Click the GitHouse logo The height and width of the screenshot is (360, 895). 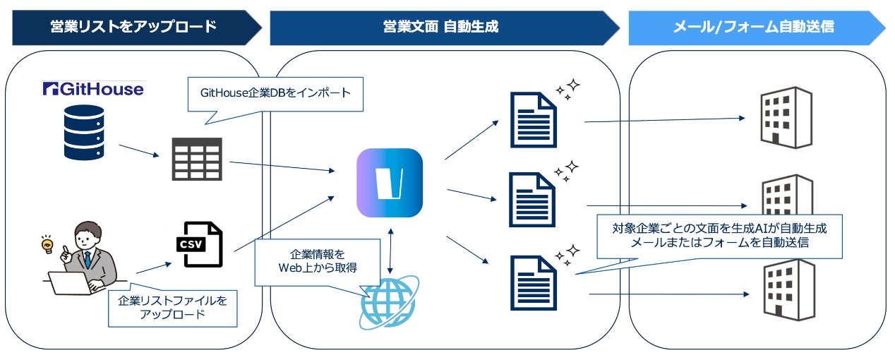[93, 89]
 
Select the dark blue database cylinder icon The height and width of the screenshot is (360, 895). [84, 132]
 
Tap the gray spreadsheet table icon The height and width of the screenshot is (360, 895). [197, 159]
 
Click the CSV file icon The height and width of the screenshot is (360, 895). [199, 244]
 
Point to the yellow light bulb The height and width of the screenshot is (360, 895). [47, 244]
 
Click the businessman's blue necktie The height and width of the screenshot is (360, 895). [88, 259]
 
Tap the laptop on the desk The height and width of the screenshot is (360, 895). [69, 283]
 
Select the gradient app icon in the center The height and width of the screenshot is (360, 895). [390, 183]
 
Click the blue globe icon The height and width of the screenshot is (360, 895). [389, 302]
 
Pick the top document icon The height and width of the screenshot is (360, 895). [534, 120]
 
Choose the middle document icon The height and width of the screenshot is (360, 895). [531, 199]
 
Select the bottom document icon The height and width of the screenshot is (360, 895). [534, 283]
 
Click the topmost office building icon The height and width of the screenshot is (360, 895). [786, 117]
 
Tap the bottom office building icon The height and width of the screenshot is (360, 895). [789, 290]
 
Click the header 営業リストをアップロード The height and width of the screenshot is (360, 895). [133, 27]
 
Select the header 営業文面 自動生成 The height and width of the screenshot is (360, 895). [440, 27]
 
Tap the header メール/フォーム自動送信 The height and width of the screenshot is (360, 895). [754, 27]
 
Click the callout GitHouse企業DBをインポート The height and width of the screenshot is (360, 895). [275, 93]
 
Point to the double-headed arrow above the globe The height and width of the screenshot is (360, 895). [390, 251]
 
